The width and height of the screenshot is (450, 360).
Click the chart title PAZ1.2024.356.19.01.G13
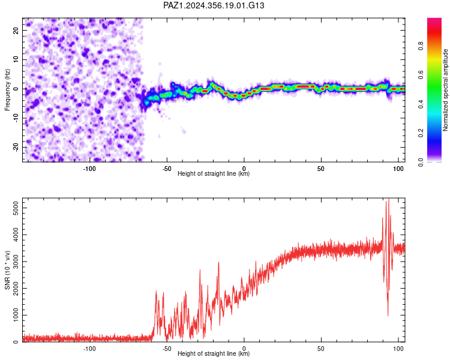coord(214,5)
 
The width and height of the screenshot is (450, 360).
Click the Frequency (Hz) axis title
coord(7,90)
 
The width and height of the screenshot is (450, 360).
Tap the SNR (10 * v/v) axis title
coord(7,270)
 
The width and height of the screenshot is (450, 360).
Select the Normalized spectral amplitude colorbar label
coord(445,90)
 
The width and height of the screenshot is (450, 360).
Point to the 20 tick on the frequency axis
coord(16,31)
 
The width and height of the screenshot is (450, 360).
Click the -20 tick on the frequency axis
coord(16,148)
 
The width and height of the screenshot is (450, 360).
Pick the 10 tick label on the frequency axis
coord(16,60)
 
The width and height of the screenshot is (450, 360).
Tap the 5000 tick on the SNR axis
coord(16,208)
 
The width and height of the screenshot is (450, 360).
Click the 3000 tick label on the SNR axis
coord(16,262)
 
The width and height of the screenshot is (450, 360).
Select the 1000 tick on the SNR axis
coord(16,315)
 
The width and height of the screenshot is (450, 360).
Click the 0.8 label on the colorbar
coord(421,46)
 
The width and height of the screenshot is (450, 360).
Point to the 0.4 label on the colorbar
coord(421,104)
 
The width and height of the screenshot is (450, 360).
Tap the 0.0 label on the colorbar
coord(421,162)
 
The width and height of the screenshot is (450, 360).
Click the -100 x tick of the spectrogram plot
coord(89,169)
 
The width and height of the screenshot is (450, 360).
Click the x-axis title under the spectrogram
coord(214,173)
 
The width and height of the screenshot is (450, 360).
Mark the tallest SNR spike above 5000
coord(389,199)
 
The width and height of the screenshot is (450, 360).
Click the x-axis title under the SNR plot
coord(214,353)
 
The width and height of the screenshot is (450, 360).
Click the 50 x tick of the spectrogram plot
coord(321,169)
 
